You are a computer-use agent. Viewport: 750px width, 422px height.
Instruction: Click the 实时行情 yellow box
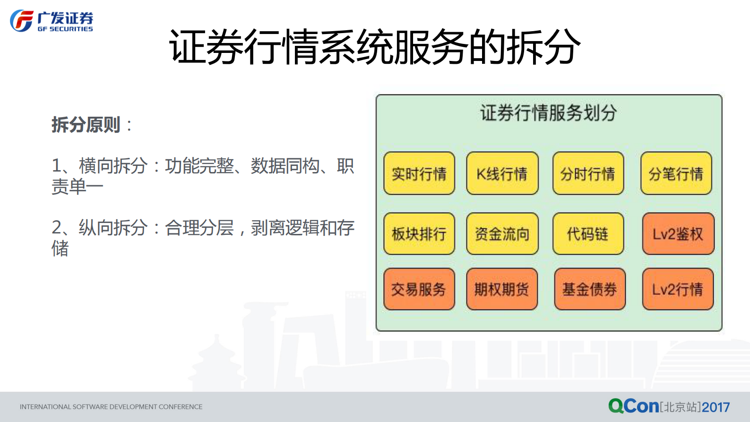point(419,173)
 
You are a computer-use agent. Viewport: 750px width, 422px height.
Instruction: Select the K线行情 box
point(502,173)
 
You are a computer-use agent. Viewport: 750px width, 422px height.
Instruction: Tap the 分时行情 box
point(588,173)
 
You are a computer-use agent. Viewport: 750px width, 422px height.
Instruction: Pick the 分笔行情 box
point(676,173)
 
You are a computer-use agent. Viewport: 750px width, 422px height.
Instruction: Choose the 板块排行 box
point(419,234)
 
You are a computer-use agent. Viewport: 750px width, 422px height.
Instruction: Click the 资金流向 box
point(502,234)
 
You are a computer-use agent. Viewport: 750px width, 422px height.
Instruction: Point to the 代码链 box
point(588,234)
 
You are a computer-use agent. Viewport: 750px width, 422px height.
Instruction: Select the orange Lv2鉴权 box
point(678,234)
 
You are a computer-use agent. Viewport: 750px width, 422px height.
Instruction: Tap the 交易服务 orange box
point(419,289)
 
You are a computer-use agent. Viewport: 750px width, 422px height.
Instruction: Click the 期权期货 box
point(502,289)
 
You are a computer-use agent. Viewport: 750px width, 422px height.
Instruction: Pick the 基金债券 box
point(589,289)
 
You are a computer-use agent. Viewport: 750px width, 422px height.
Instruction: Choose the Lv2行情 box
point(678,289)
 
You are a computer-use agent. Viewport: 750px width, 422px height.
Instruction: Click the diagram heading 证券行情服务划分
point(549,113)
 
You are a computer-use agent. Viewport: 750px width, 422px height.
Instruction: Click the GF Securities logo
point(52,21)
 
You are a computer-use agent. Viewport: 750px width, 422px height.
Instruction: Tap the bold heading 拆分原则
point(86,125)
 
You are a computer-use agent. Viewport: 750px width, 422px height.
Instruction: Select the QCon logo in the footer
point(633,406)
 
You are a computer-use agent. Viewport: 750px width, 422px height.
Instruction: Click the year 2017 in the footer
point(716,407)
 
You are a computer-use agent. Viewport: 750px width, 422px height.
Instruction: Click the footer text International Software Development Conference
point(111,407)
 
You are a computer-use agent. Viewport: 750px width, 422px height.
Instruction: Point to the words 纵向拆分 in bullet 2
point(113,228)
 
